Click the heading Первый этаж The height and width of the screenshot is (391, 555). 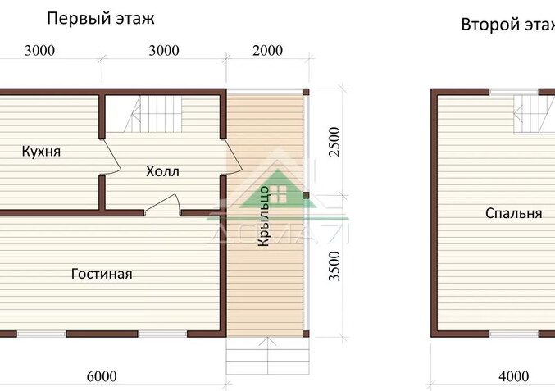click(101, 19)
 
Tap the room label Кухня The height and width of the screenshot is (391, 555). click(41, 151)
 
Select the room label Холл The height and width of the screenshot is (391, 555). click(162, 171)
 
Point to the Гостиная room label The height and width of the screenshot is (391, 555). click(102, 274)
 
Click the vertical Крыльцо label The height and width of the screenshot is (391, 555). click(264, 216)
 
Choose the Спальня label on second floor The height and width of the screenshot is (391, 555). click(513, 213)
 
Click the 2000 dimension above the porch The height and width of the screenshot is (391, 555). click(267, 51)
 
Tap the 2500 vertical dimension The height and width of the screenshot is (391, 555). click(334, 142)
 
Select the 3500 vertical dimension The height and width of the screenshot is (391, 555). click(334, 266)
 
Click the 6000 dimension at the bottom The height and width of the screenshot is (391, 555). click(102, 376)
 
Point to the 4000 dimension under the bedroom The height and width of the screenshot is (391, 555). click(513, 376)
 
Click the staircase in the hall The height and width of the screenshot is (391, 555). click(153, 114)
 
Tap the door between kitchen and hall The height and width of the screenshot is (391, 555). click(111, 157)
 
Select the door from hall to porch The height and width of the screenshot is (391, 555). click(232, 157)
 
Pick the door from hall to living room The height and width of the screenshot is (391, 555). click(162, 204)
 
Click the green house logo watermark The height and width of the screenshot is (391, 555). click(278, 189)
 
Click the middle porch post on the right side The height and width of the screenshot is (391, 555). click(306, 195)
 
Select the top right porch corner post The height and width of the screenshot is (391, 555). click(306, 92)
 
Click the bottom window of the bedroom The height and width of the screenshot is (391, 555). click(514, 334)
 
